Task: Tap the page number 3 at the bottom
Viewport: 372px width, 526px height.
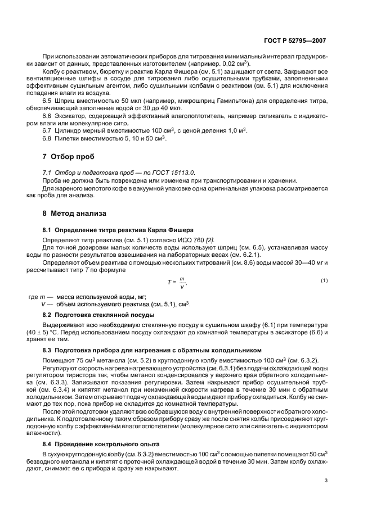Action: pyautogui.click(x=326, y=480)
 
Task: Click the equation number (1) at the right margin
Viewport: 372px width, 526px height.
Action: pyautogui.click(x=324, y=280)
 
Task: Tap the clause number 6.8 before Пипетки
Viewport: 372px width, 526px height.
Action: pyautogui.click(x=47, y=138)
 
